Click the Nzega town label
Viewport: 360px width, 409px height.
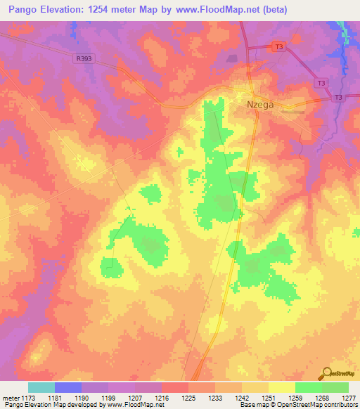pyautogui.click(x=259, y=104)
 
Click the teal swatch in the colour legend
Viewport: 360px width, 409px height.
pyautogui.click(x=41, y=387)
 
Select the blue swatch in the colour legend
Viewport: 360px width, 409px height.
pyautogui.click(x=68, y=387)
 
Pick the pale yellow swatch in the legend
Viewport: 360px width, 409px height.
pyautogui.click(x=282, y=387)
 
